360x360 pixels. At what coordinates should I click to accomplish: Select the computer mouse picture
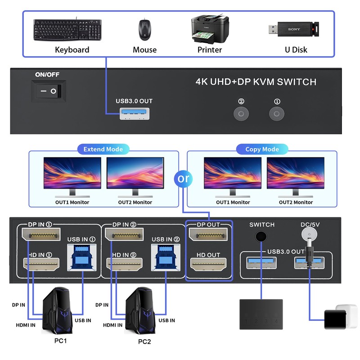click(x=144, y=29)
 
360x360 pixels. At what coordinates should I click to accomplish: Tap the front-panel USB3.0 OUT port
click(x=134, y=114)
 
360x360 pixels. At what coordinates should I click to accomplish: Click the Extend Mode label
click(x=103, y=149)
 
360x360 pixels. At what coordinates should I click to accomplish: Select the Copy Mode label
click(x=262, y=149)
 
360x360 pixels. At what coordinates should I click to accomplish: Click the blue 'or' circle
click(x=183, y=179)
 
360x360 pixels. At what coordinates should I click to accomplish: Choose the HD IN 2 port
click(x=124, y=264)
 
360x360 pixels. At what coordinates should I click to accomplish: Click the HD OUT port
click(x=208, y=265)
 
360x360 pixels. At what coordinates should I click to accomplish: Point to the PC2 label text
click(x=144, y=342)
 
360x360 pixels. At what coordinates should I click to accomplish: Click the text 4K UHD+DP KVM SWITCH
click(x=256, y=82)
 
